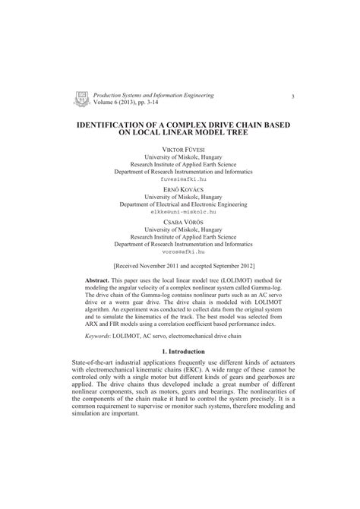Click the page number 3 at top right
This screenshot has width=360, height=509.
[x=292, y=96]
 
